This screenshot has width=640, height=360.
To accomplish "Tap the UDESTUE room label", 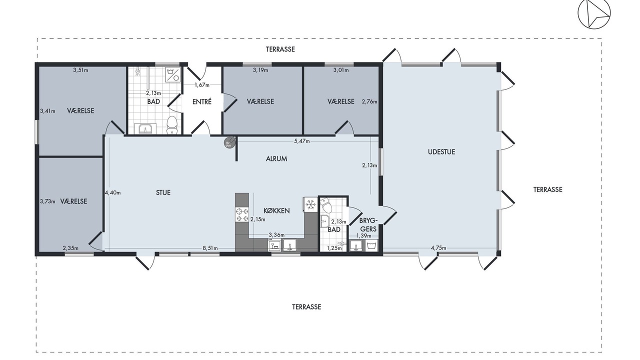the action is pos(441,152).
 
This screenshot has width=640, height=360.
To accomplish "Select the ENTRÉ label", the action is pos(201,101).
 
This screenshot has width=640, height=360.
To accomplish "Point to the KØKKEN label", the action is pos(276,211).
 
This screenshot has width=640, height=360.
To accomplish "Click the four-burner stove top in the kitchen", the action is pos(242,215).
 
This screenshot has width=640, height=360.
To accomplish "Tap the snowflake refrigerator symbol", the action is pos(310,205).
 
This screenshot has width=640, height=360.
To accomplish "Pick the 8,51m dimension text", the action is pos(210,248).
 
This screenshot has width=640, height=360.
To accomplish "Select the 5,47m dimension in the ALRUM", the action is pos(301,141).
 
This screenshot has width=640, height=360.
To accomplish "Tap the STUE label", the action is pos(163,193).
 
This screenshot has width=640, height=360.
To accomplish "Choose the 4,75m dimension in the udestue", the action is pos(438,248).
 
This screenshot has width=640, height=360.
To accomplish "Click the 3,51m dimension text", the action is pos(80,70).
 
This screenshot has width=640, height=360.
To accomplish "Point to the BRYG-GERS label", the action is pos(368,225).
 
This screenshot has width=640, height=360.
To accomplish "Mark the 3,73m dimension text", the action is pos(47,201).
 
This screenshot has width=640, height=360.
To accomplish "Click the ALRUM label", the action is pos(276,159).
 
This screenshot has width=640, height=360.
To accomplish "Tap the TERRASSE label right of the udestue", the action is pos(547,189).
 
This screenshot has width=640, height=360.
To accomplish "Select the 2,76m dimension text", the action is pos(369,101).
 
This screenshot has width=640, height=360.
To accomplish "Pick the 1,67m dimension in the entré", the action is pos(202,85).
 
